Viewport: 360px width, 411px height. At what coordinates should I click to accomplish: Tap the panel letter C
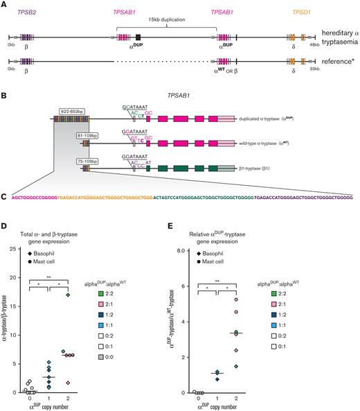[x=5, y=196]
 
